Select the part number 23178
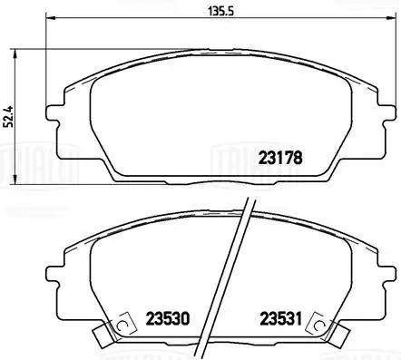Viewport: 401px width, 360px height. coord(280,156)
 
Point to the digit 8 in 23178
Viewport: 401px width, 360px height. coord(297,156)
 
